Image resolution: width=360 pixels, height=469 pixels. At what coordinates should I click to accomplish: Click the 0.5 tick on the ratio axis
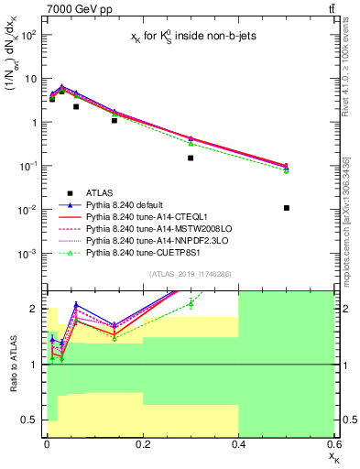pyautogui.click(x=35, y=420)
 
